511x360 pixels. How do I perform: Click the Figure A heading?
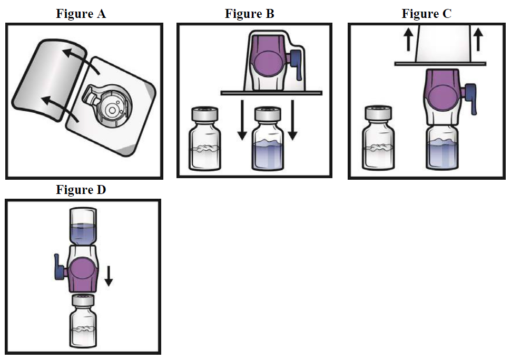(x=81, y=14)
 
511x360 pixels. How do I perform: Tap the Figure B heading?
(x=249, y=14)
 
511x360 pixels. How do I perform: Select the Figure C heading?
(x=426, y=14)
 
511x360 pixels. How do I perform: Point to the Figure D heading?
(x=81, y=190)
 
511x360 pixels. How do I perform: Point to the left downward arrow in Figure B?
(x=242, y=121)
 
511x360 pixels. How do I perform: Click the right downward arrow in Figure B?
(x=293, y=121)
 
